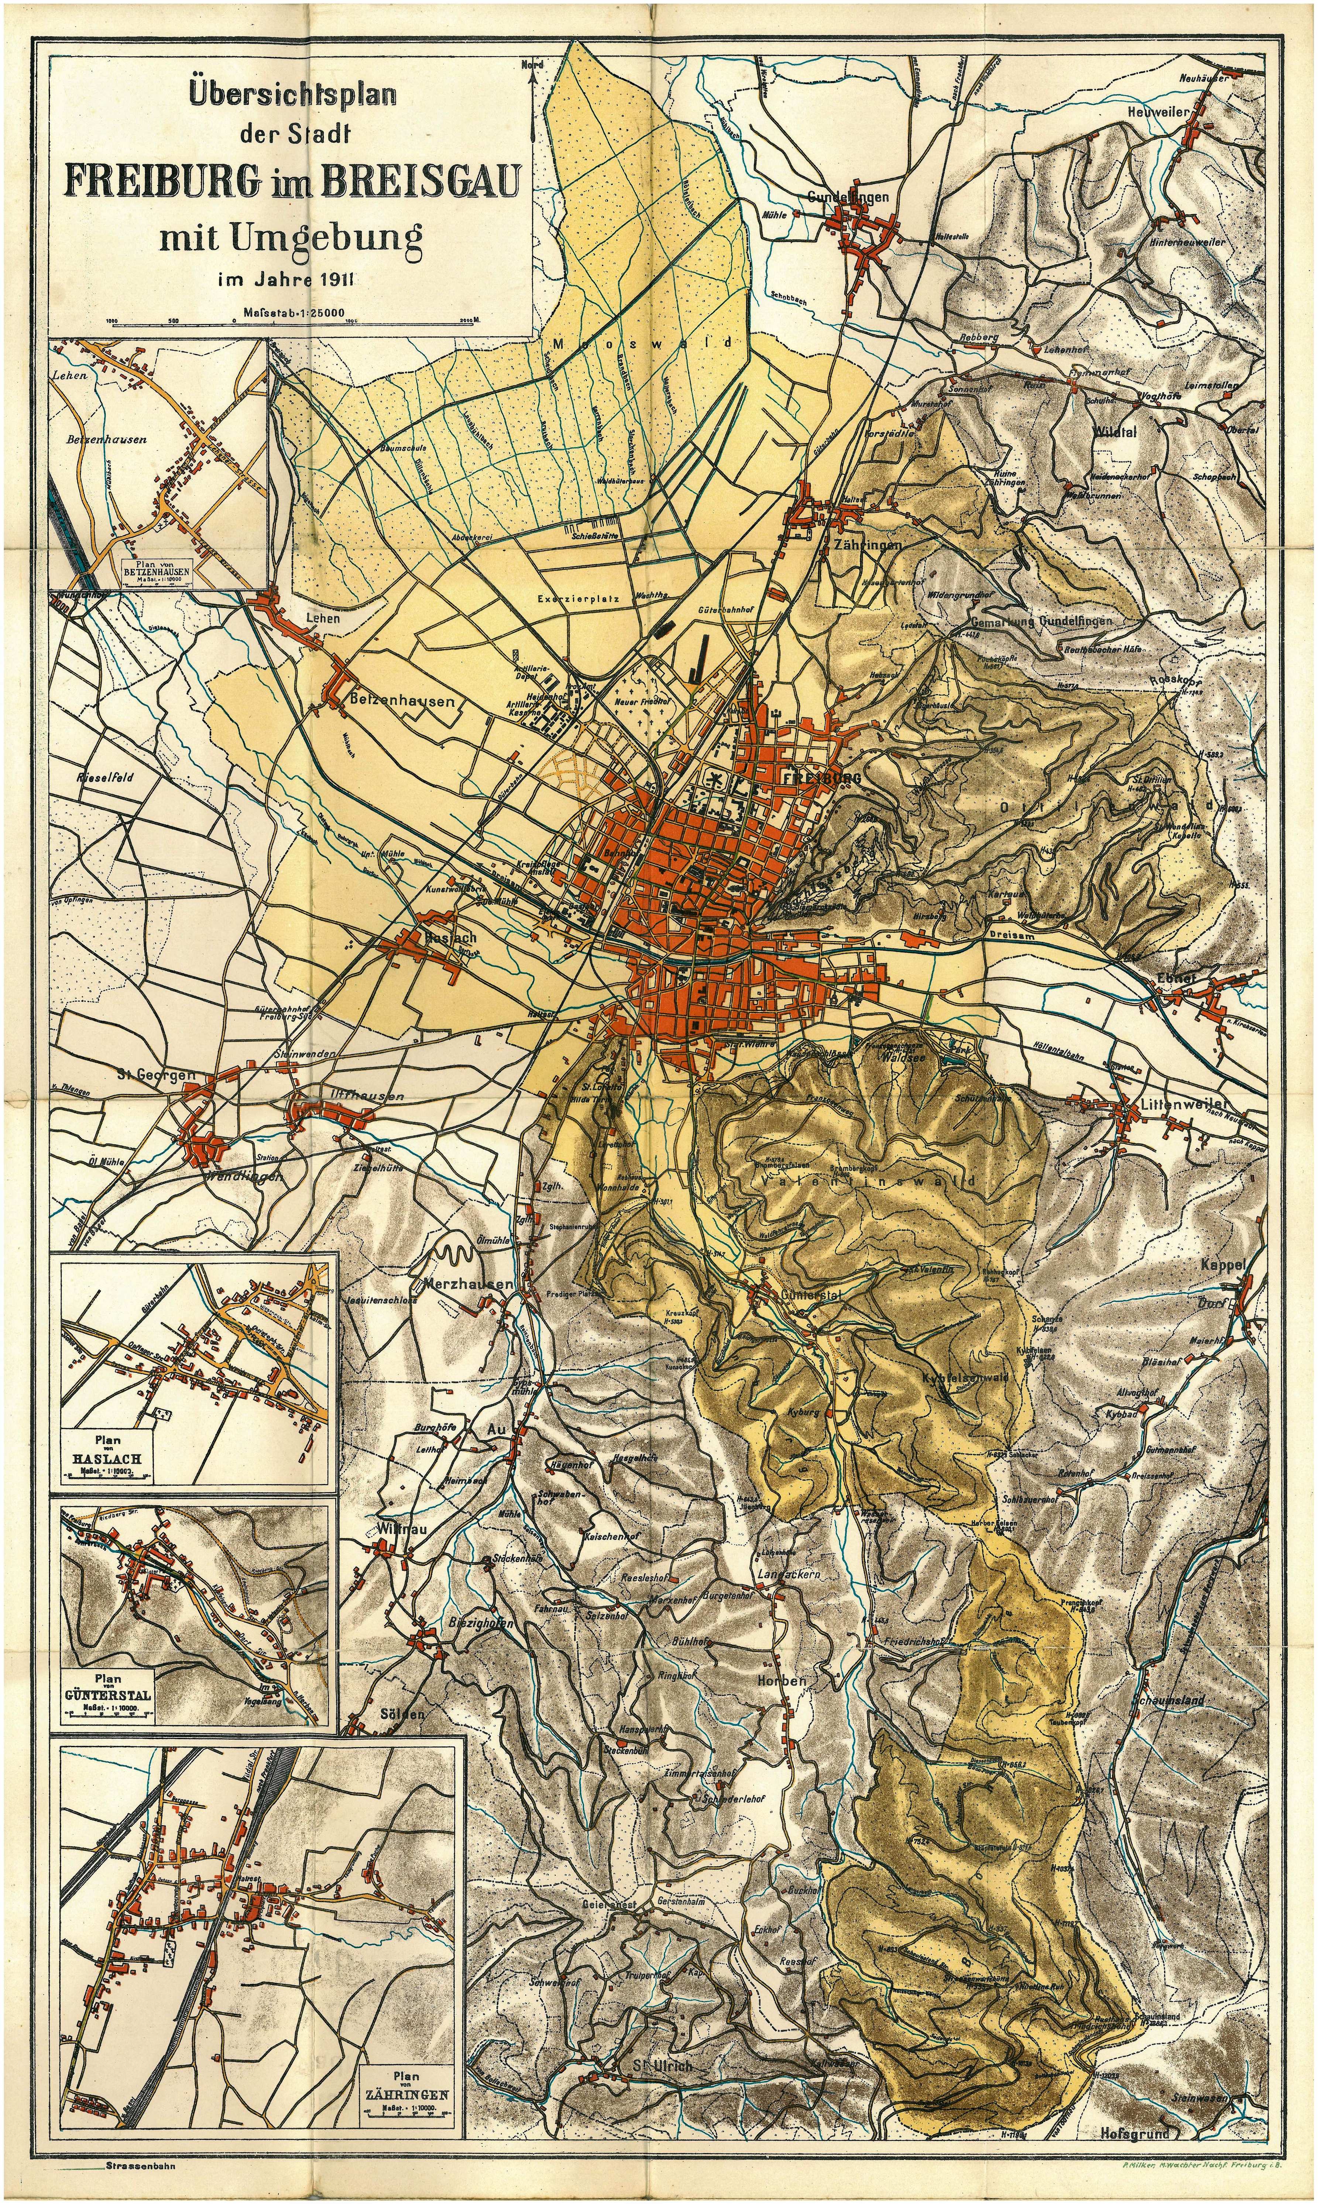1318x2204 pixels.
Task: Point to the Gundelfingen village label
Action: (848, 197)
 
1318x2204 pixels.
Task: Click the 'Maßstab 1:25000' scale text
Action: (293, 312)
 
